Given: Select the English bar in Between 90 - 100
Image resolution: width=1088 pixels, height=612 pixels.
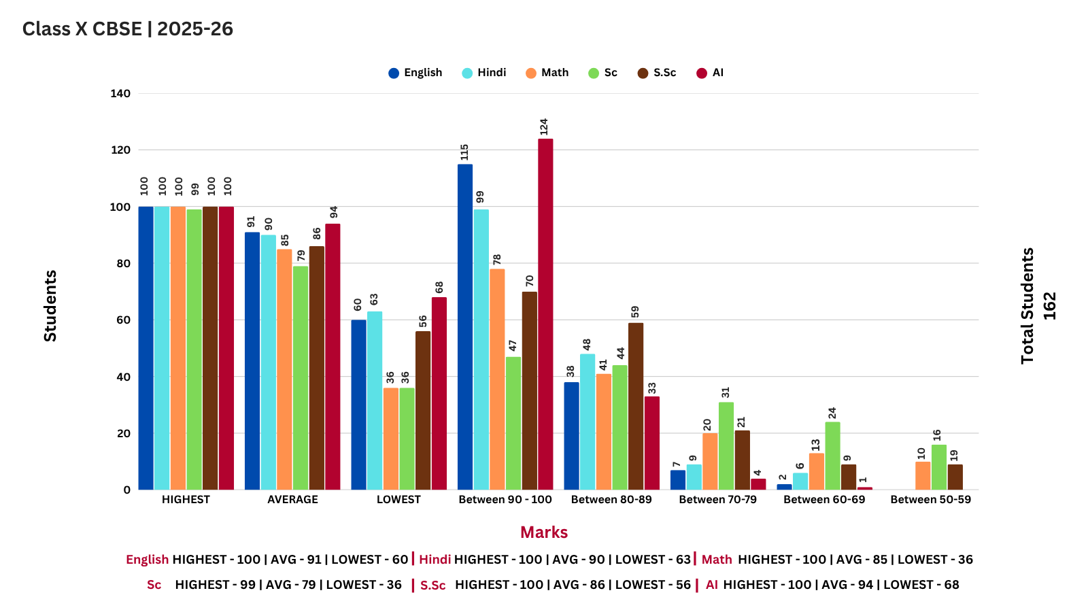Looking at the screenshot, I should click(x=465, y=326).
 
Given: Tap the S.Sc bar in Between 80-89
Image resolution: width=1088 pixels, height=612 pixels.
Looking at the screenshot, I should click(x=636, y=406).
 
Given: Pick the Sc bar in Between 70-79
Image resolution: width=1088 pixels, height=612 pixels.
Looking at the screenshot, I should click(x=726, y=445).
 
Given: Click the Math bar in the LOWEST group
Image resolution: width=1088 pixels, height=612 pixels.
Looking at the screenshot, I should click(x=391, y=439).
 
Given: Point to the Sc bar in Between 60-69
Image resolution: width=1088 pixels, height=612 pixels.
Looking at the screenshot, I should click(x=832, y=456).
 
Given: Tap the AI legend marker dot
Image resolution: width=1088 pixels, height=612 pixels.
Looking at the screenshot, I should click(x=702, y=73).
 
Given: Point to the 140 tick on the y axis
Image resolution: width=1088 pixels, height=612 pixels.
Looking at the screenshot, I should click(x=120, y=94).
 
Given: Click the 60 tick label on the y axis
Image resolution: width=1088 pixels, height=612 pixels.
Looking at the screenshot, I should click(x=122, y=320).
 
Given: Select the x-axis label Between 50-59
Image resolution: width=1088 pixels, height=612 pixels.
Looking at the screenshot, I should click(x=930, y=500).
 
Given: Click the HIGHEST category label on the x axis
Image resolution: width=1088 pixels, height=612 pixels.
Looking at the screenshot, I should click(x=186, y=500).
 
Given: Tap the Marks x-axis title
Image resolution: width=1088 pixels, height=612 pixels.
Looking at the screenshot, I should click(x=544, y=532).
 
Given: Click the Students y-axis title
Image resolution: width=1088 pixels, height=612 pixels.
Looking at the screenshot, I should click(x=50, y=306).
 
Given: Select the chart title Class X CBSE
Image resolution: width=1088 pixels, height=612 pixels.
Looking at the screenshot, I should click(x=128, y=29).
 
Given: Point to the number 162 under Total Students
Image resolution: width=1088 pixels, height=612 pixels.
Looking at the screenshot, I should click(x=1050, y=306).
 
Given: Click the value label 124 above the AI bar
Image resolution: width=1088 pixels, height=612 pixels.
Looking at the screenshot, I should click(x=544, y=127).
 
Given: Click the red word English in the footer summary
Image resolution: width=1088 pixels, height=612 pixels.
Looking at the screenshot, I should click(x=147, y=560).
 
